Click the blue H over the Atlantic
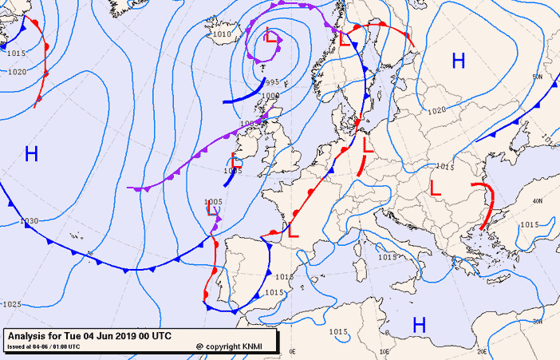tap(31, 154)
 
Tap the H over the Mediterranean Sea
tap(419, 325)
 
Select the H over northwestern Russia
tap(458, 60)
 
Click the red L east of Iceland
tap(271, 37)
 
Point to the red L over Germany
tap(368, 147)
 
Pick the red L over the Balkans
tap(436, 188)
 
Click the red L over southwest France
tap(293, 231)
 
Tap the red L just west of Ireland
tap(237, 159)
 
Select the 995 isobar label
tap(272, 82)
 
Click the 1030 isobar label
tap(30, 221)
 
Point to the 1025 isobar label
tap(12, 304)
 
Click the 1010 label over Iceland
tap(223, 34)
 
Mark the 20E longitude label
tap(481, 350)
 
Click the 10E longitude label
tap(387, 350)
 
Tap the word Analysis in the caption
tap(29, 336)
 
